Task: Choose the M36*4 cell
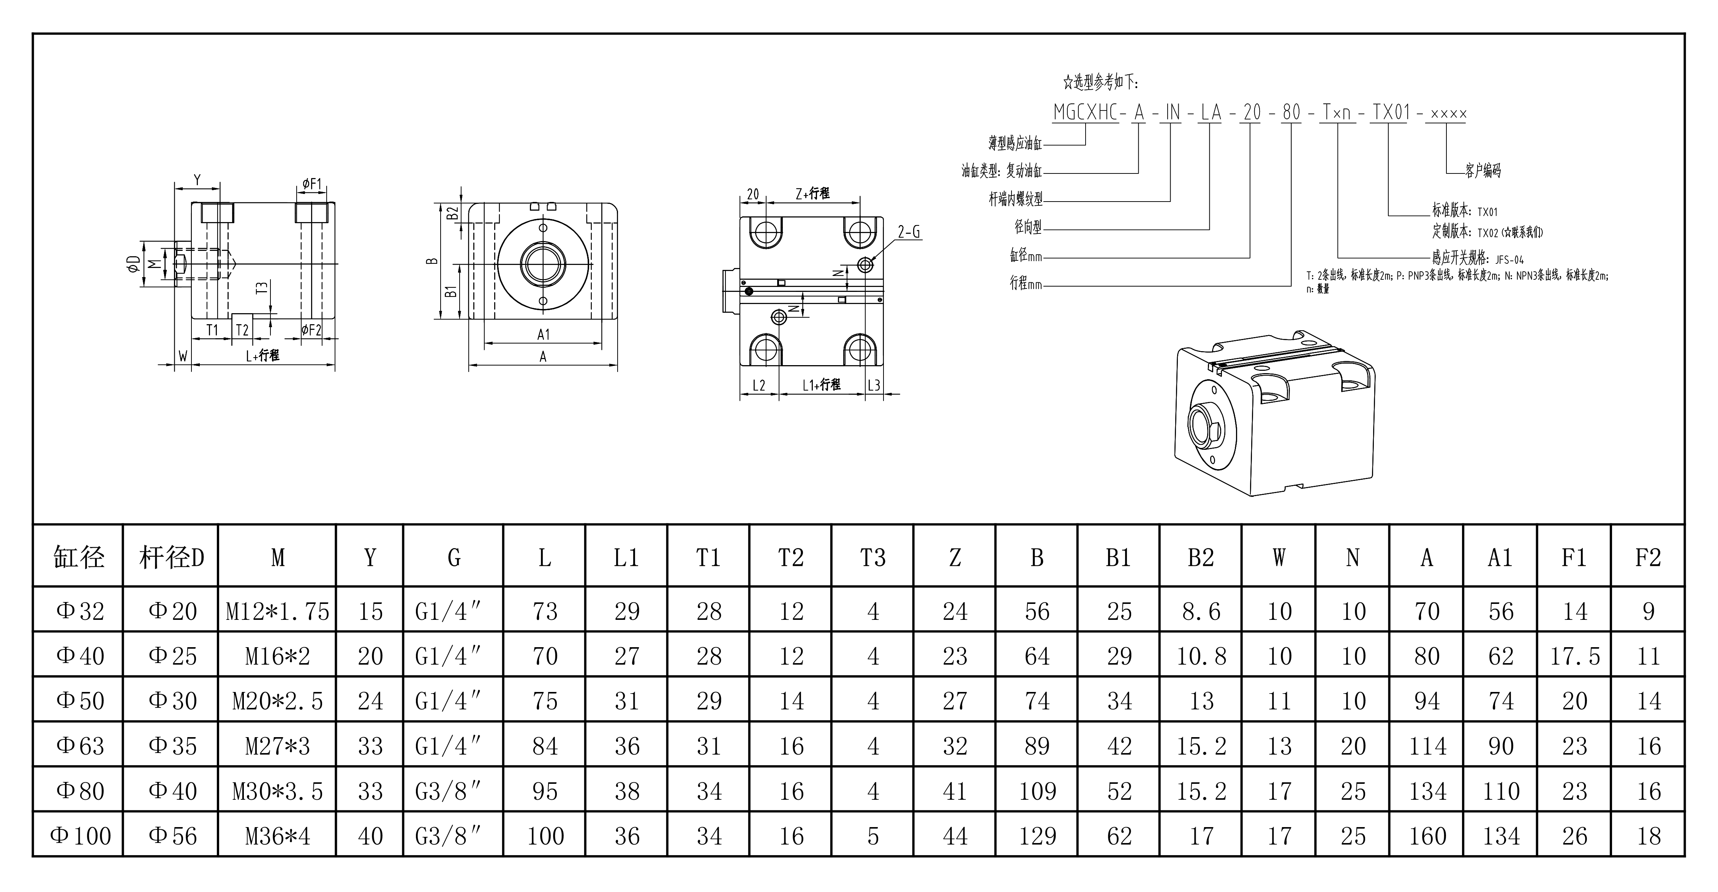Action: (x=277, y=836)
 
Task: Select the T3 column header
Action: (x=873, y=557)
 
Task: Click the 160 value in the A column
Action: (x=1427, y=836)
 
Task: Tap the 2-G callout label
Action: (x=908, y=232)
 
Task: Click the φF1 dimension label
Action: (x=311, y=183)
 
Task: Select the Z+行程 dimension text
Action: (x=812, y=193)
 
